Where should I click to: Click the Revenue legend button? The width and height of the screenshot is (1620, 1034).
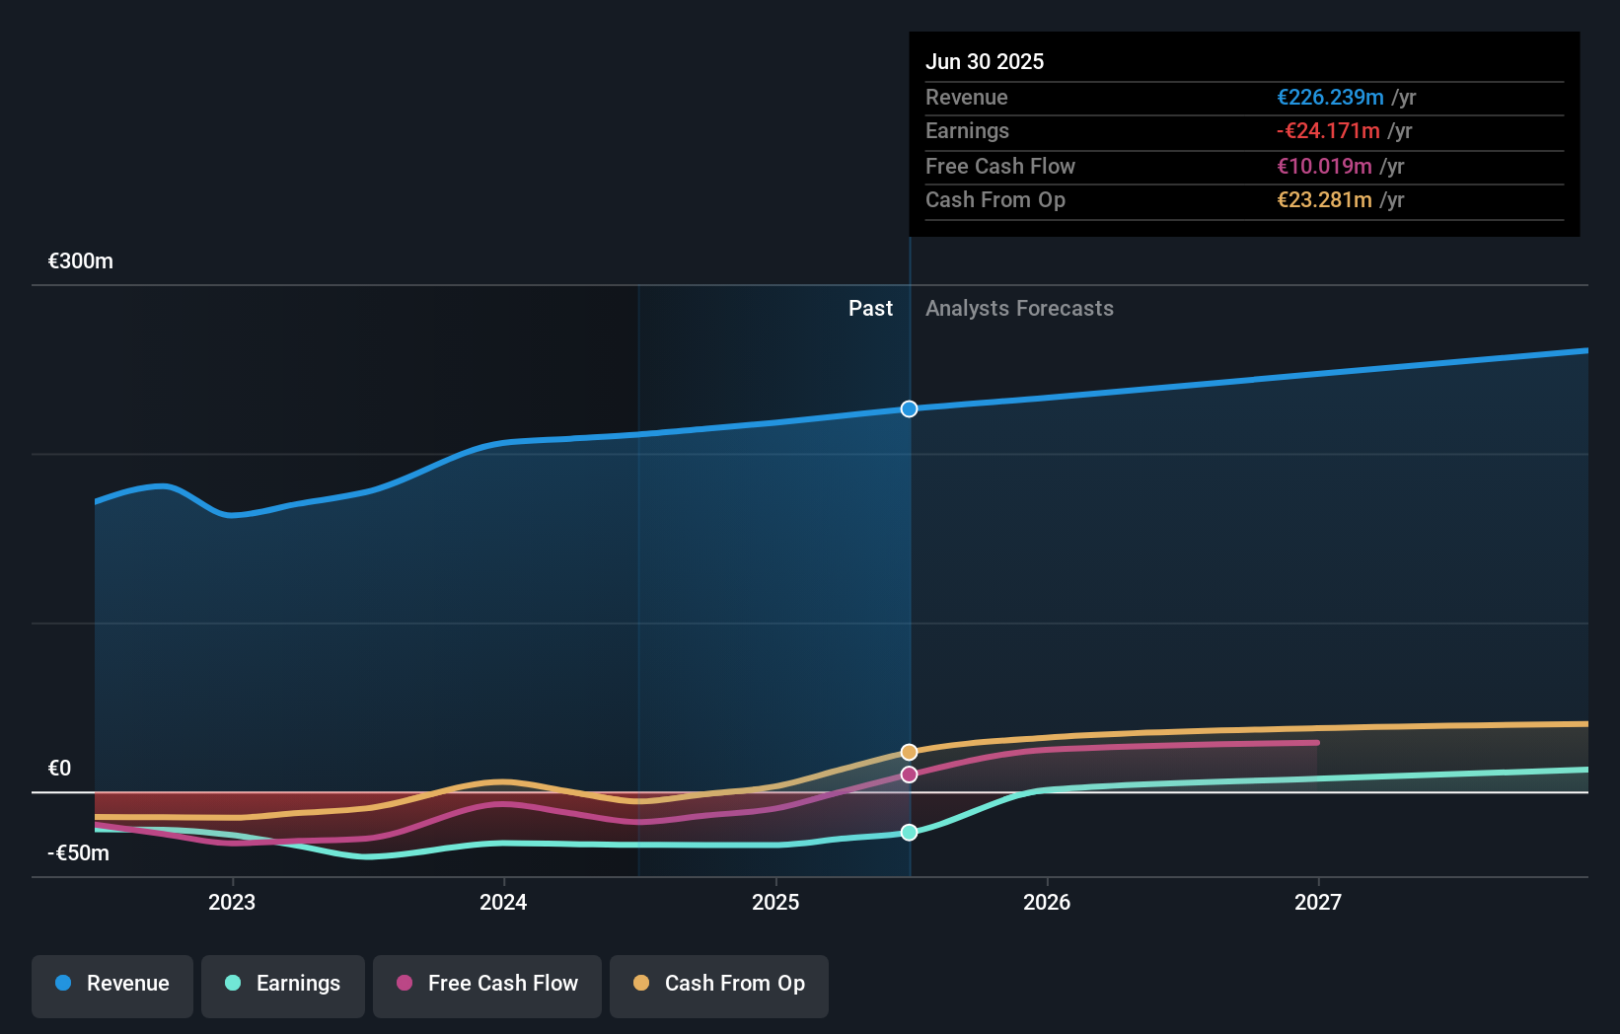112,984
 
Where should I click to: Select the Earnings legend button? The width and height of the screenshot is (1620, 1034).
283,984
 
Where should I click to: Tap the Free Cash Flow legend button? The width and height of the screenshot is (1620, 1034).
487,984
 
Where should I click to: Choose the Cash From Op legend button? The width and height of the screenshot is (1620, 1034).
719,984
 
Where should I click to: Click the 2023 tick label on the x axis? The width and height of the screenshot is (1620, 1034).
232,902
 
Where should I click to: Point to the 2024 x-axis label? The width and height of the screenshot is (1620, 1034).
503,902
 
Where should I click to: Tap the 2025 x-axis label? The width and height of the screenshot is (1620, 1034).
775,902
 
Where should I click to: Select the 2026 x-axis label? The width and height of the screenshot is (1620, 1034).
1047,902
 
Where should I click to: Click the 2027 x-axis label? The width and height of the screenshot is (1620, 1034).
1318,902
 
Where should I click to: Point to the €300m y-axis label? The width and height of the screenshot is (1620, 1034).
81,261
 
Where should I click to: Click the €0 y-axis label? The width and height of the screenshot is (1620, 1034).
59,769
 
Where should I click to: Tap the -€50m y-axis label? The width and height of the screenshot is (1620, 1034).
79,853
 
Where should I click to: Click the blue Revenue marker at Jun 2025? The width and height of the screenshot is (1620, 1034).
909,408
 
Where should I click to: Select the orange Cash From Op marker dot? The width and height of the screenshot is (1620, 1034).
909,752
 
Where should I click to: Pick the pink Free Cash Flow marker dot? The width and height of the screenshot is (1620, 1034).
909,775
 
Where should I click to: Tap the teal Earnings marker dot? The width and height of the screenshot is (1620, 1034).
909,833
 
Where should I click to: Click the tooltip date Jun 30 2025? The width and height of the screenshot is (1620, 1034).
985,61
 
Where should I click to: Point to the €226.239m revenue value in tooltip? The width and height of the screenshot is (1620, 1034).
1330,97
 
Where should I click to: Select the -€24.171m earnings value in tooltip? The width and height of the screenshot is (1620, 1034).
1328,131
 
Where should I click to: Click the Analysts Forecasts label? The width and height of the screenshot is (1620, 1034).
1019,309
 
